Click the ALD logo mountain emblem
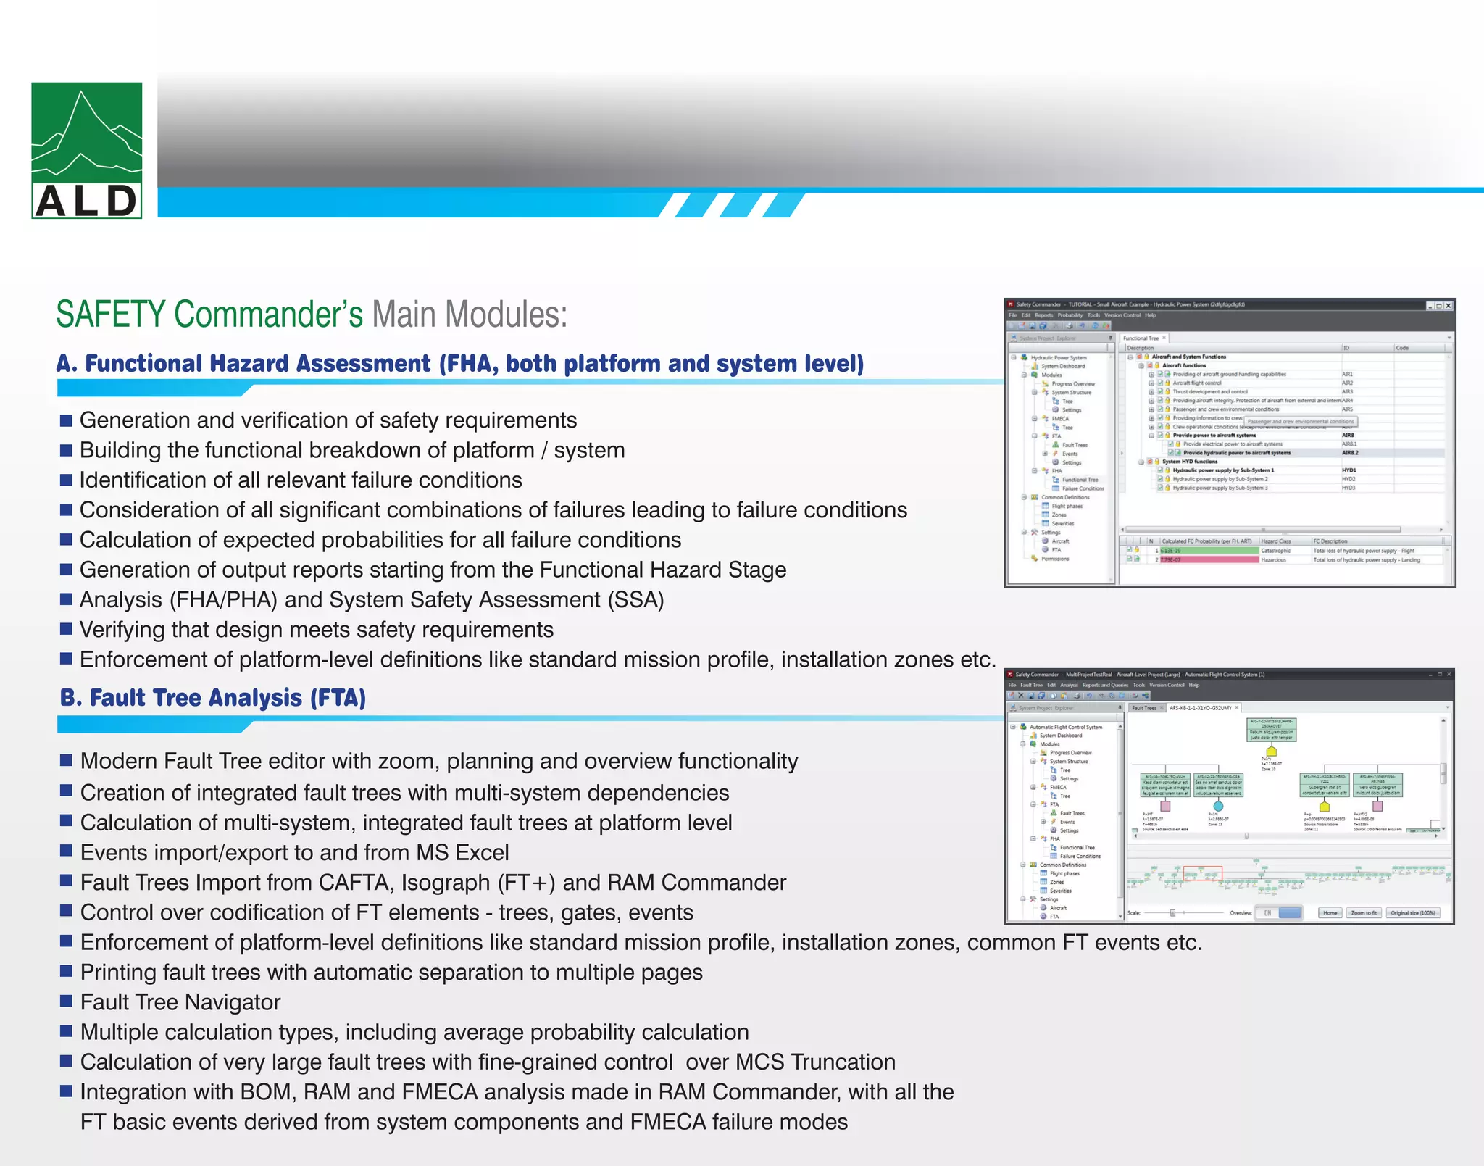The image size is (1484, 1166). click(x=86, y=134)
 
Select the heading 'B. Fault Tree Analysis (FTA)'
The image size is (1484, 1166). click(x=213, y=698)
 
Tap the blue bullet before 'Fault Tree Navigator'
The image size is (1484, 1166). click(x=66, y=1001)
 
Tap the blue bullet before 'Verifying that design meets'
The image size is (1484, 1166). click(x=66, y=628)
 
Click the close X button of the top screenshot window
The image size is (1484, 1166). click(x=1448, y=305)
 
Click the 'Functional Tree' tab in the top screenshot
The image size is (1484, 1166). click(x=1141, y=338)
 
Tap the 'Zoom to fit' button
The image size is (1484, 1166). click(x=1364, y=913)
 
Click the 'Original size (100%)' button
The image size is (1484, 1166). click(x=1413, y=913)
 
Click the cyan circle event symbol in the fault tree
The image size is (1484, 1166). click(x=1218, y=806)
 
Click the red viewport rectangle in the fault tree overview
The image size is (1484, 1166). click(x=1203, y=873)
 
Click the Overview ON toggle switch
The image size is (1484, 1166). click(x=1279, y=913)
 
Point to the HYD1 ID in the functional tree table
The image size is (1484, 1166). click(x=1348, y=470)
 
